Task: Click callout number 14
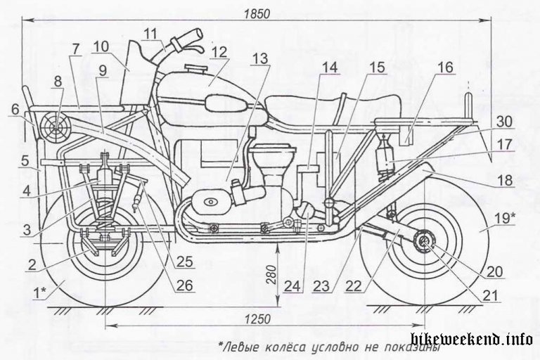coord(328,69)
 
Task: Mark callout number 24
coord(291,287)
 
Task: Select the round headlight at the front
coord(57,126)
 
